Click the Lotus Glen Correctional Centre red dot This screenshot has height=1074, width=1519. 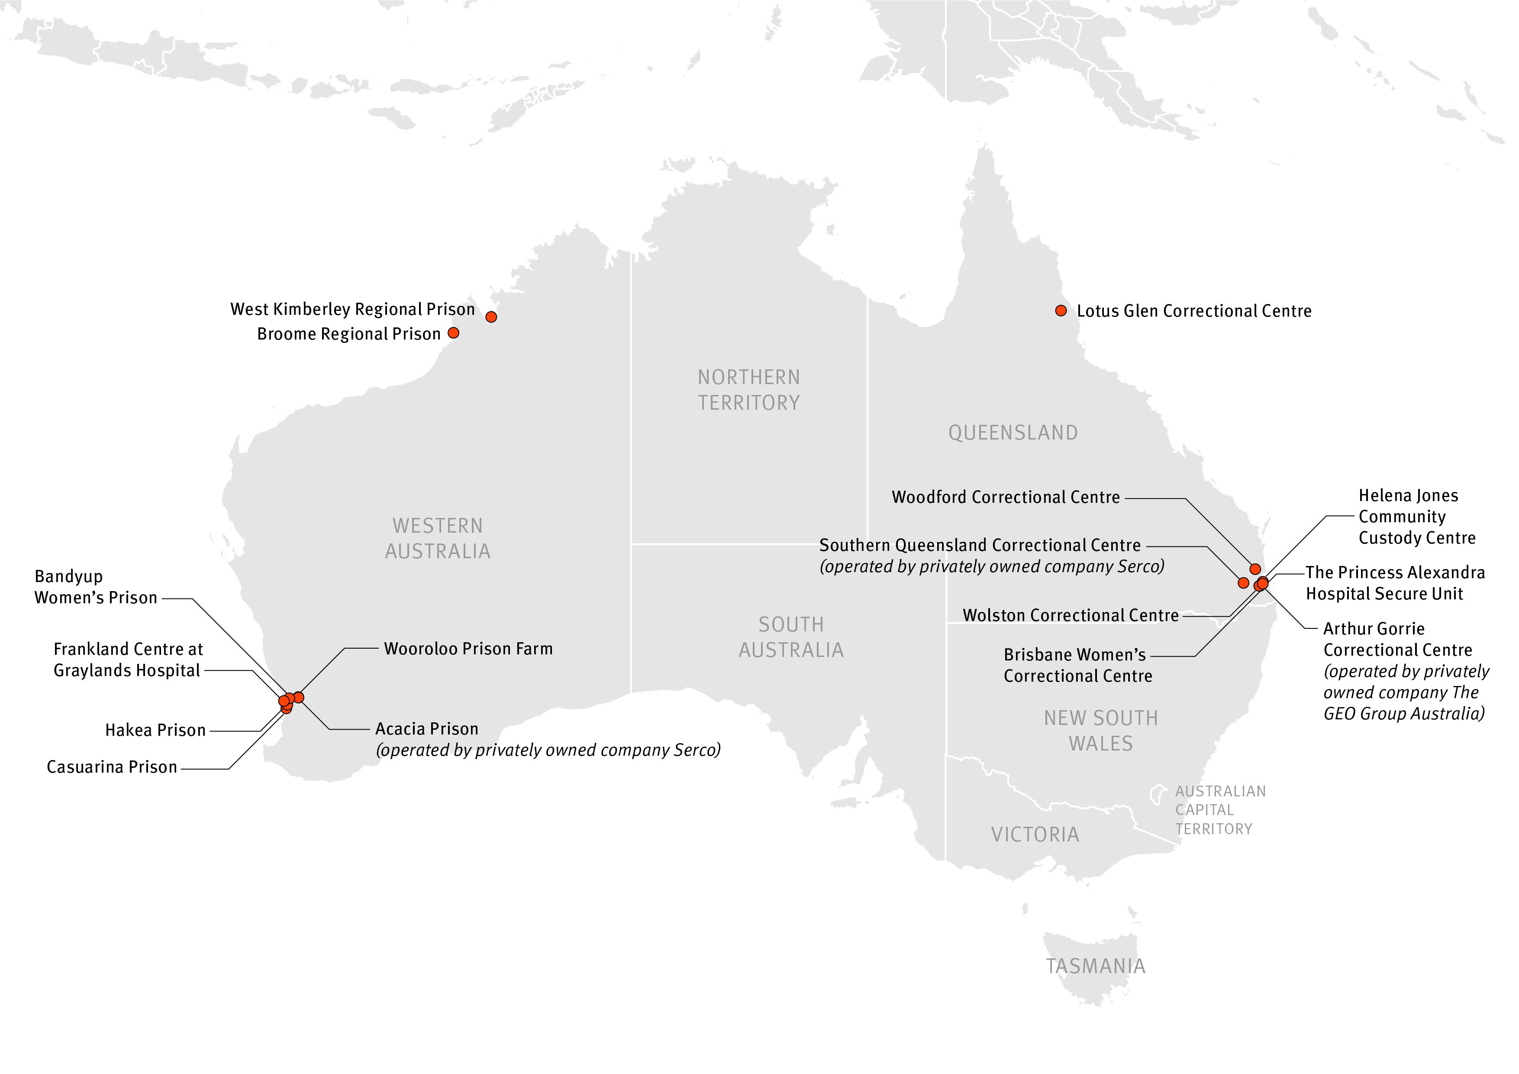click(x=1061, y=311)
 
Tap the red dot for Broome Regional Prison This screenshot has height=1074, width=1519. click(x=453, y=333)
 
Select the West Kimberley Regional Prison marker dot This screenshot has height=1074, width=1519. click(x=491, y=317)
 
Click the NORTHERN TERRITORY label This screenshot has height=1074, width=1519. click(x=748, y=390)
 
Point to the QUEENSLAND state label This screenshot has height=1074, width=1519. click(x=1013, y=433)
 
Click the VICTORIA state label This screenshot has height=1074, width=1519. click(x=1035, y=835)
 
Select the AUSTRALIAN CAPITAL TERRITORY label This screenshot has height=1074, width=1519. click(x=1219, y=810)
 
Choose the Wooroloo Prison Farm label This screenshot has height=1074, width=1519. click(x=468, y=648)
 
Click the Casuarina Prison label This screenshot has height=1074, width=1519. click(x=112, y=767)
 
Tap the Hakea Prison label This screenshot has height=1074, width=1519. click(x=155, y=730)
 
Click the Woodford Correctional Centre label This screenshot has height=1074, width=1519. click(x=1006, y=497)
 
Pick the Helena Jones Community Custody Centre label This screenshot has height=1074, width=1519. click(x=1416, y=516)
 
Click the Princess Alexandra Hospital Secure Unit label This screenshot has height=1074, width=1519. click(x=1395, y=583)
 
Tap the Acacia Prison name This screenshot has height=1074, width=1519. click(x=427, y=728)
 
